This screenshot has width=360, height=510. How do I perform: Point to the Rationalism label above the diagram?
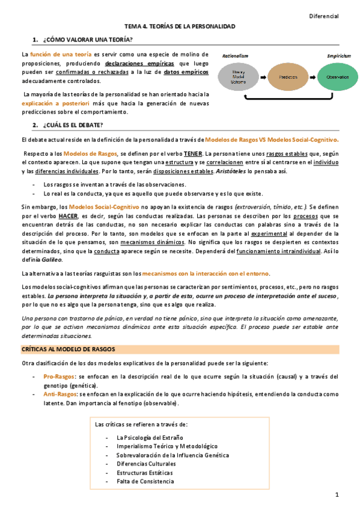tap(235, 55)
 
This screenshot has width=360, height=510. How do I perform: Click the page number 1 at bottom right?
tap(337, 494)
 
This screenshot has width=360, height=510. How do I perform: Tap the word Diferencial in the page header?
tap(324, 16)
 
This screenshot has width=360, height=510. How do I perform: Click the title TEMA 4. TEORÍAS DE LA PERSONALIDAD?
tap(180, 27)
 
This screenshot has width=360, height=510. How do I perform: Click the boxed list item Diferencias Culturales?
tap(146, 464)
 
